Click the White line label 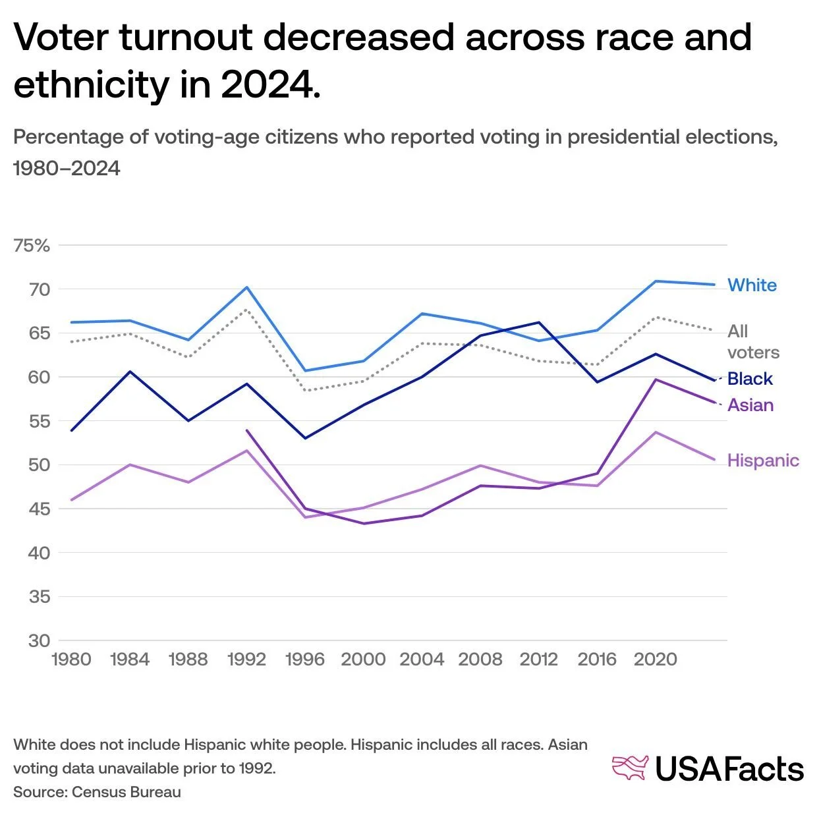click(x=752, y=285)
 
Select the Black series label click(x=750, y=379)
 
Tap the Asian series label click(x=750, y=405)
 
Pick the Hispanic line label click(x=763, y=461)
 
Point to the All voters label click(x=752, y=342)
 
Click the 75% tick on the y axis click(x=32, y=246)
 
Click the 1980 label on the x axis click(x=71, y=660)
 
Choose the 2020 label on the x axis click(x=655, y=660)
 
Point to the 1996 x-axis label click(x=304, y=660)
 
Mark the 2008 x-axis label click(x=480, y=660)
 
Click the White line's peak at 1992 click(x=246, y=287)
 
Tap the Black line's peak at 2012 click(x=539, y=322)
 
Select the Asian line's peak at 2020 click(x=656, y=380)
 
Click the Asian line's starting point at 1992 click(x=246, y=430)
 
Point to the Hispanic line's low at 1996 click(x=305, y=517)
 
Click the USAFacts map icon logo click(x=630, y=768)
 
